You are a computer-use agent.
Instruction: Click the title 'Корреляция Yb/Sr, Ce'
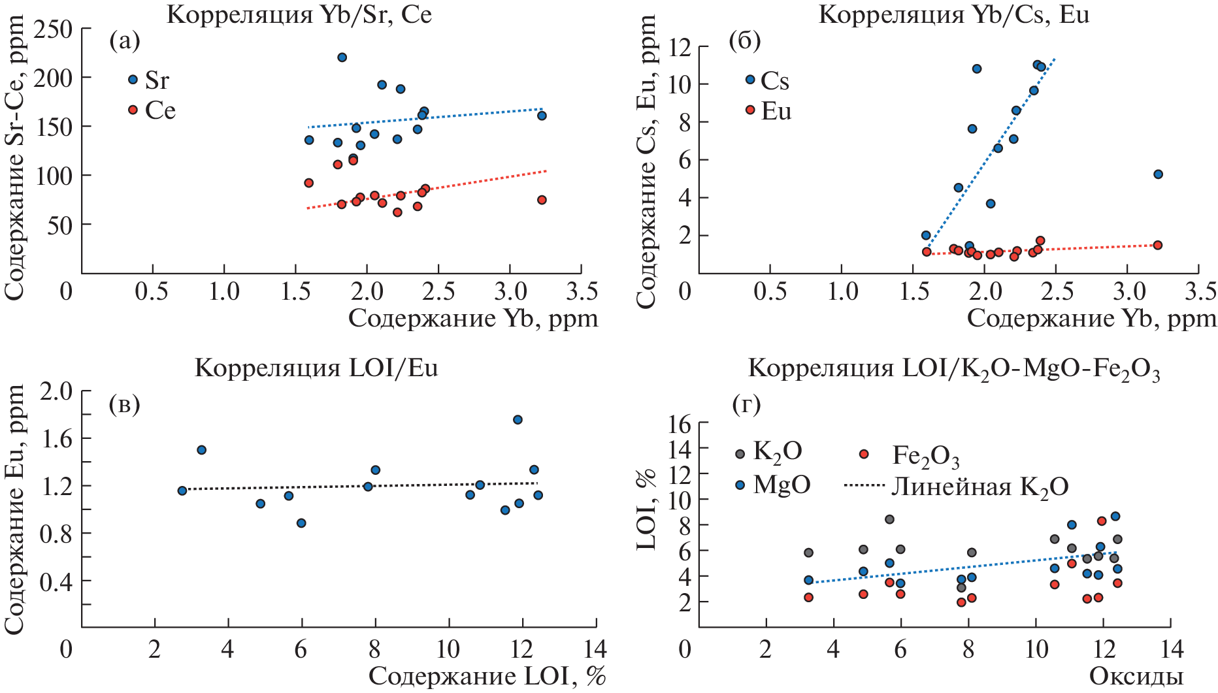point(299,14)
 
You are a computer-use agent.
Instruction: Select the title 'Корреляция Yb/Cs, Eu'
point(953,14)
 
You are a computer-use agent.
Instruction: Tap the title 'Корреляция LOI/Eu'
point(316,368)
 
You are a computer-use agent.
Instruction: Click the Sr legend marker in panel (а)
point(133,80)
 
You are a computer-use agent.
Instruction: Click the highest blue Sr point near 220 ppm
point(342,57)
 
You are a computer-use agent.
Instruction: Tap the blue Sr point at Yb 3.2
point(542,116)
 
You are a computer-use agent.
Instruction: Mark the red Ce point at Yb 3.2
point(542,200)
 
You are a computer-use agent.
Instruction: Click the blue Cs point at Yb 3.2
point(1158,174)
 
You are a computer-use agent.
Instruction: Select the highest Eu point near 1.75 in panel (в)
point(518,420)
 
